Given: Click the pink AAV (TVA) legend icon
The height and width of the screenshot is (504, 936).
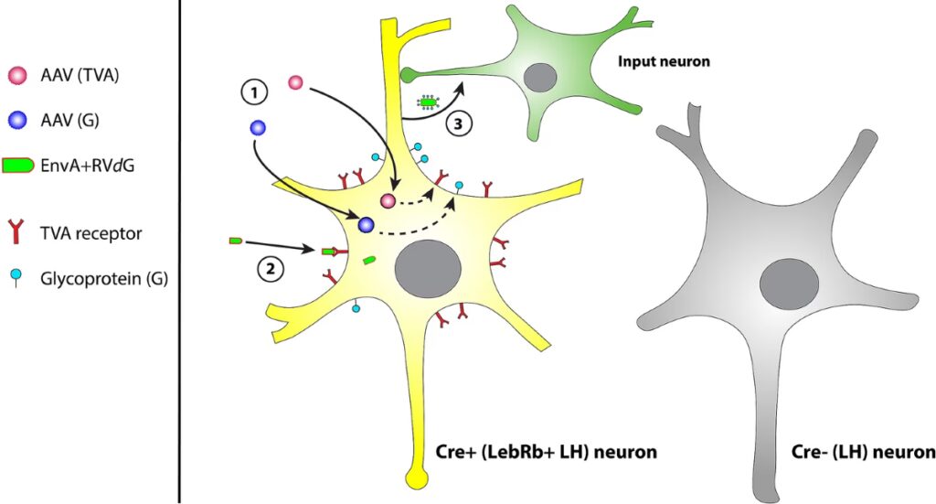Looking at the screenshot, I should click(x=17, y=74).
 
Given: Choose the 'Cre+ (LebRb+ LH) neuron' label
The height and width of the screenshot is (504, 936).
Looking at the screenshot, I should click(x=544, y=452).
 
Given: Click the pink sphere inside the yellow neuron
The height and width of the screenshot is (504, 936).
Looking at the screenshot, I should click(x=388, y=200).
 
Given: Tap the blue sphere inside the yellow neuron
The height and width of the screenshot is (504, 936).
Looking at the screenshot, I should click(x=367, y=224).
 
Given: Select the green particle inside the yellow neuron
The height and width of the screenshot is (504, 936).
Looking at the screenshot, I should click(x=370, y=261).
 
